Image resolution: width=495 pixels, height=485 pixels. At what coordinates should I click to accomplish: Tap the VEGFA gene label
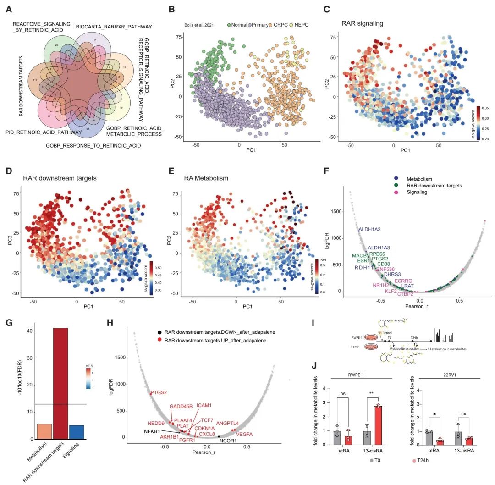(244, 434)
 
